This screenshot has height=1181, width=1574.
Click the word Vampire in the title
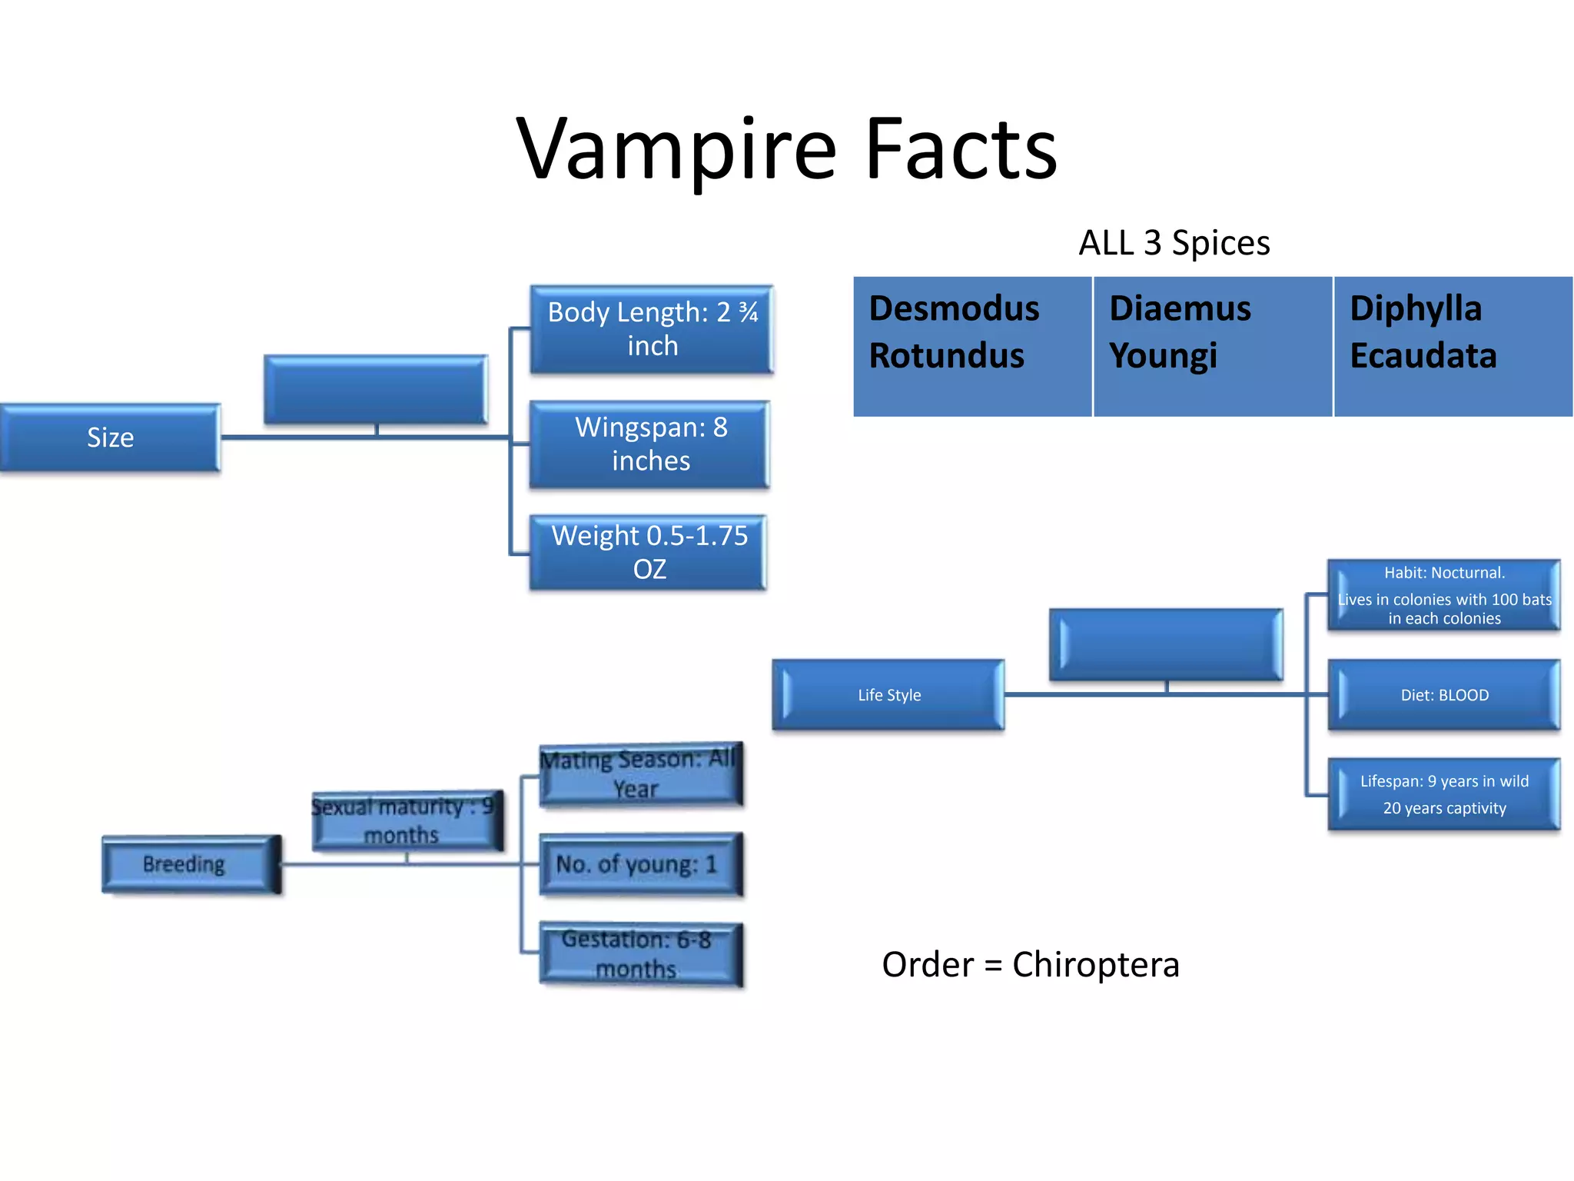click(x=676, y=150)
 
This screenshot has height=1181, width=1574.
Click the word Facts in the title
click(x=961, y=150)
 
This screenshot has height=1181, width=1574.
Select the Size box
click(x=110, y=437)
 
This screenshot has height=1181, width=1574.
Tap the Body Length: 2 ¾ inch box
click(x=651, y=329)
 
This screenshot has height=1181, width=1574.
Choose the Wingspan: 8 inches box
click(x=649, y=444)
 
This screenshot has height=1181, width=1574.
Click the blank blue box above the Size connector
click(x=375, y=388)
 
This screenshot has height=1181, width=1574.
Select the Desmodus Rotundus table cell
click(x=972, y=346)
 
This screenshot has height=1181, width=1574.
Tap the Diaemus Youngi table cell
click(x=1212, y=346)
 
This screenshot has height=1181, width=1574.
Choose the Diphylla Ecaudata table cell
click(x=1453, y=346)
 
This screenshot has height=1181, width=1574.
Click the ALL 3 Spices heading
click(x=1174, y=243)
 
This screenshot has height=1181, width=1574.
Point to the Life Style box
click(x=888, y=694)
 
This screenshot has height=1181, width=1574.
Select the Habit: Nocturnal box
click(x=1443, y=595)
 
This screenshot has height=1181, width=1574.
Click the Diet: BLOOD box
click(x=1443, y=694)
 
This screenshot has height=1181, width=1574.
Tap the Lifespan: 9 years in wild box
click(x=1443, y=794)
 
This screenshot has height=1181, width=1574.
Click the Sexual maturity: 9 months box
click(x=407, y=820)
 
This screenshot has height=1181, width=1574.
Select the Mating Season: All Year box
click(x=640, y=774)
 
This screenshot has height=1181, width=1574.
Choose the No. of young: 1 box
click(x=640, y=864)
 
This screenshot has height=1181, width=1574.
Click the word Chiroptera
click(x=1095, y=964)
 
